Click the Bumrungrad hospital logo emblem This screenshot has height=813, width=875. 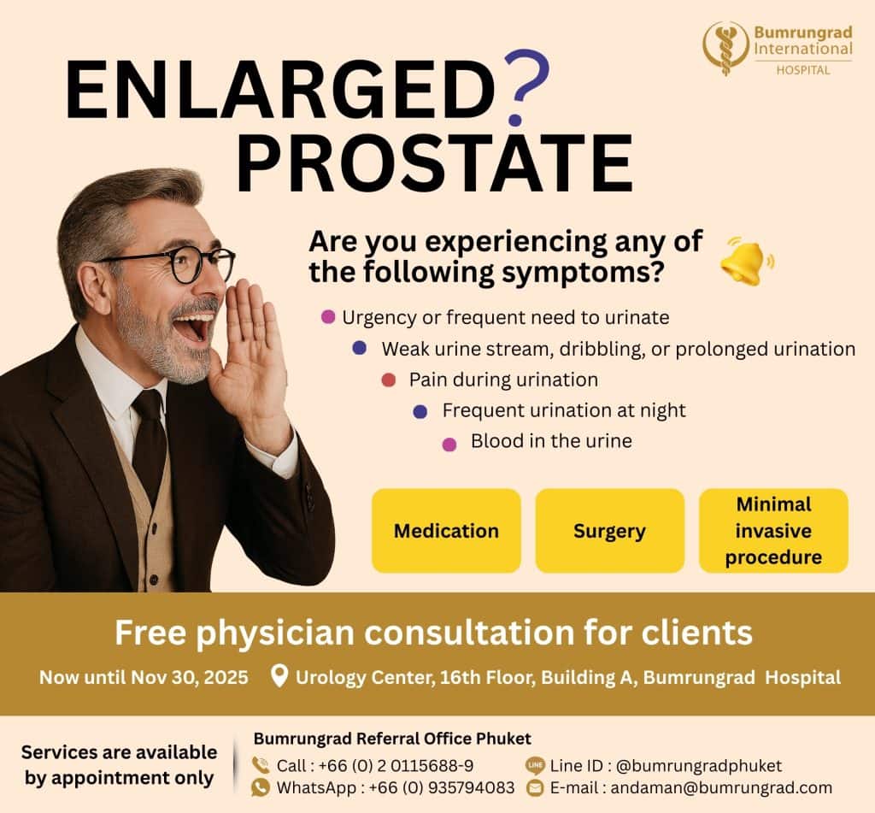tap(725, 49)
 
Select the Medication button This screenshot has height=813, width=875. tap(446, 531)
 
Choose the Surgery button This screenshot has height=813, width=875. tap(610, 531)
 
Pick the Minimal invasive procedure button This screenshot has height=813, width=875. tap(773, 531)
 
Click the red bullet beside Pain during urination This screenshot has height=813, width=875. tap(389, 380)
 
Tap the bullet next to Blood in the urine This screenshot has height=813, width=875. tap(449, 444)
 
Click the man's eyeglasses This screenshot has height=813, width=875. tap(179, 264)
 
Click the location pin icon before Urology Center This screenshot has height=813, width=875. tap(279, 675)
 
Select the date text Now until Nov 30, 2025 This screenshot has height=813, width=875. tap(144, 677)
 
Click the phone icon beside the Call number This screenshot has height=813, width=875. tap(261, 764)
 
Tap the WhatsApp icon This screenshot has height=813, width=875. tap(261, 787)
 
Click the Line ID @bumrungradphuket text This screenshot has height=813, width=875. tap(666, 765)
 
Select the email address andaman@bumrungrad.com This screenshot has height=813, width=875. tap(721, 788)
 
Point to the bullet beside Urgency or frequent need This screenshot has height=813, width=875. tap(328, 317)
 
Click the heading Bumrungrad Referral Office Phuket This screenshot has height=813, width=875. tap(392, 738)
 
